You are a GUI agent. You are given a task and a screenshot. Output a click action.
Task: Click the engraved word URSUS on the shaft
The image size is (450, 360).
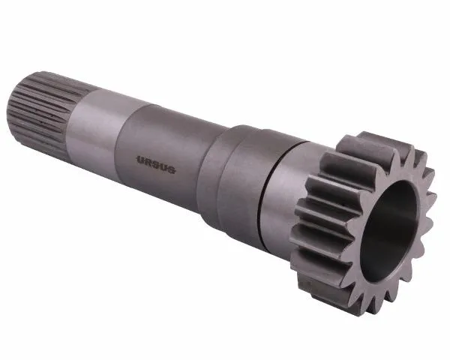point(156,165)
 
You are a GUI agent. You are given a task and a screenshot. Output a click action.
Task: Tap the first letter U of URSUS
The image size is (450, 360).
point(141,160)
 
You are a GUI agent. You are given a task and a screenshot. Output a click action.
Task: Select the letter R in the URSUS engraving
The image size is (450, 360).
point(148,162)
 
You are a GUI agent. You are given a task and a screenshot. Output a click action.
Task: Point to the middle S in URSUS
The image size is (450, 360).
point(156,165)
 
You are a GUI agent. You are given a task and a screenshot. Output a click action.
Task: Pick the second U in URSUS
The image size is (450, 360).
point(163,167)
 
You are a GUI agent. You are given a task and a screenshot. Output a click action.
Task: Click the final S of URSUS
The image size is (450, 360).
point(172,169)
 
